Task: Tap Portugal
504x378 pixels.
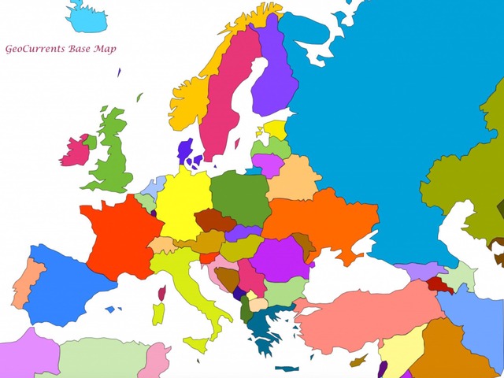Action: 24,283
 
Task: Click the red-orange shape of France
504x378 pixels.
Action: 118,236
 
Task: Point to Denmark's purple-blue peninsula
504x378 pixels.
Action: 186,150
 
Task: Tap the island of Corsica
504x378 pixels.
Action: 162,294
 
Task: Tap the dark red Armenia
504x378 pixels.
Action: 439,285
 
